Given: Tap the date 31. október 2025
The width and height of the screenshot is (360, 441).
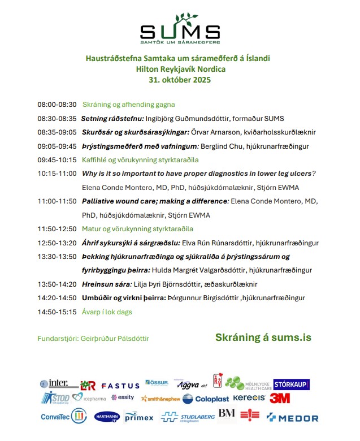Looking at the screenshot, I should [180, 80].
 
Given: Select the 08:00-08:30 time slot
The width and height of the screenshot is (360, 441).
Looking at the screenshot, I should [57, 105].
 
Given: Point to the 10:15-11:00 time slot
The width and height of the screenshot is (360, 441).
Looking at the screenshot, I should [57, 173].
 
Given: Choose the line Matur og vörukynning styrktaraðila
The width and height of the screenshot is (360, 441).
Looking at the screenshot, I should [138, 229].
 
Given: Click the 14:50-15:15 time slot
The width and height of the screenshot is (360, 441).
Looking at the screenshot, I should [57, 312].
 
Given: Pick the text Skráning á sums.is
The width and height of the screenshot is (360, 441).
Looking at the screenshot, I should [263, 338].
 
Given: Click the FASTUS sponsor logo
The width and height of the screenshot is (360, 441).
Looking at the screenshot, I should [120, 386].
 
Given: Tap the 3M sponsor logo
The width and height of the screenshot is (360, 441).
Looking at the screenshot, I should [280, 399].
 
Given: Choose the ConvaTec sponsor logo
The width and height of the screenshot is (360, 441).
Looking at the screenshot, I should [62, 416].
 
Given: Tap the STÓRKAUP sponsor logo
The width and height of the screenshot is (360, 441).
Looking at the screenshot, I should [291, 384].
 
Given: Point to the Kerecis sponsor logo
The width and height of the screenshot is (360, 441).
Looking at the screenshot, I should [249, 398].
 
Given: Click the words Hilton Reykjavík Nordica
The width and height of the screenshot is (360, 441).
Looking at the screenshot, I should [180, 69].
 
